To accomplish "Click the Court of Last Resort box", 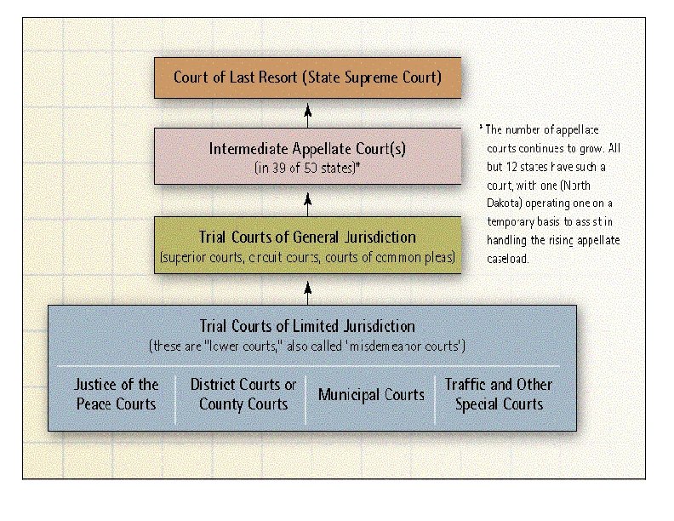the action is pos(307,77).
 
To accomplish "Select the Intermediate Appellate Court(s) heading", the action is pos(307,149).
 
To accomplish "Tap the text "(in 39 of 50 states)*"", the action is pos(307,168).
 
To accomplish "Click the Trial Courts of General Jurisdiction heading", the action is pos(307,237).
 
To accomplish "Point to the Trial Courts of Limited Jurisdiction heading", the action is pos(307,326).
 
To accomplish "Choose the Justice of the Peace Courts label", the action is pos(117,394).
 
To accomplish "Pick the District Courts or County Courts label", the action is pos(243,394).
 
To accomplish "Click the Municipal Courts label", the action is pos(371,395).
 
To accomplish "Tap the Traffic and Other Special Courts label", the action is pos(499,394).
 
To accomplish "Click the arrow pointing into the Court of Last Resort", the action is pos(308,114).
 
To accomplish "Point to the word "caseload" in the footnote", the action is pos(508,259).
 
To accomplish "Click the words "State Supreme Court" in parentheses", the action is pos(374,77).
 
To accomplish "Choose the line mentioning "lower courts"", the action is pos(307,346).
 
